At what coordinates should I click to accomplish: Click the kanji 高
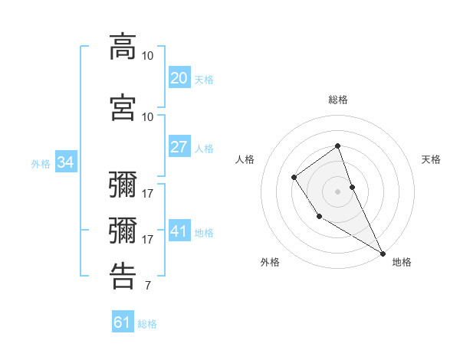[123, 47]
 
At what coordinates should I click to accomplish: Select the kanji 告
[123, 276]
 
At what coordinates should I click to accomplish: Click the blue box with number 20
[179, 78]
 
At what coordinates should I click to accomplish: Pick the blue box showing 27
[179, 147]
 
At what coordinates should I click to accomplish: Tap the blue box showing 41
[179, 231]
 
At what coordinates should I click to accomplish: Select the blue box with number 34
[65, 162]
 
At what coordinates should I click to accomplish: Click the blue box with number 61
[123, 322]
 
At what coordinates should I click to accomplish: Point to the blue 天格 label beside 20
[204, 79]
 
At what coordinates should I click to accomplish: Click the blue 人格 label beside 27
[204, 148]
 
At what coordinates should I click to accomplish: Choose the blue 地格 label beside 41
[204, 232]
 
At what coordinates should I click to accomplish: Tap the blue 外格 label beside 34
[41, 163]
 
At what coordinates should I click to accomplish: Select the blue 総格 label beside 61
[147, 323]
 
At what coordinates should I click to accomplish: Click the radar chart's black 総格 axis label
[338, 100]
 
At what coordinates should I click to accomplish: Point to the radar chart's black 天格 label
[432, 159]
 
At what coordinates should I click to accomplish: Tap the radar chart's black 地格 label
[402, 262]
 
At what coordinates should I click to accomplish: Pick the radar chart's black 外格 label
[270, 262]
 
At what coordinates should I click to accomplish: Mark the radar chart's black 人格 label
[245, 159]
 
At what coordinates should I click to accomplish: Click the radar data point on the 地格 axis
[383, 252]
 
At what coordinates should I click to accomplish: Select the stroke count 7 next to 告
[147, 286]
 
